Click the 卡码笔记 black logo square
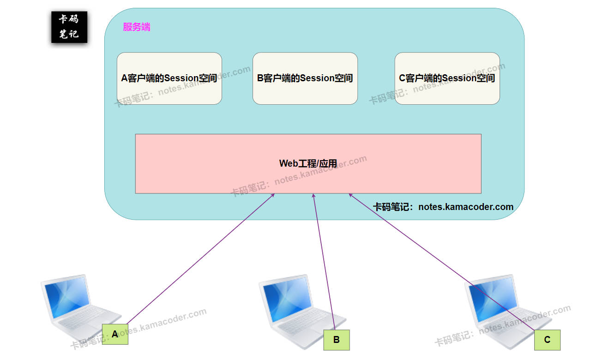point(69,27)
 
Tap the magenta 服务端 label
point(137,27)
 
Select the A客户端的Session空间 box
point(169,78)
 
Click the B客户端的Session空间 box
point(305,78)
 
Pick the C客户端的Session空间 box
point(447,78)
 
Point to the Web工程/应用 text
point(308,163)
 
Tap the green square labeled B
point(337,340)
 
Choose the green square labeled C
point(547,340)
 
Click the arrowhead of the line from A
point(274,194)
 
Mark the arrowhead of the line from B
point(314,195)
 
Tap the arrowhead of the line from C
point(350,194)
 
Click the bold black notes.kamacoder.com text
point(465,207)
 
